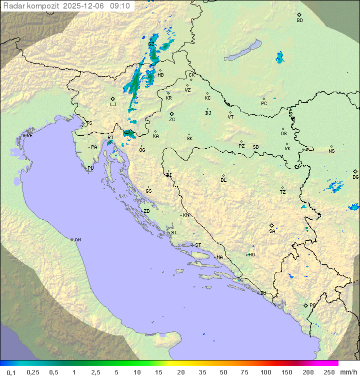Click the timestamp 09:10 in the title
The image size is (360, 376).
click(120, 6)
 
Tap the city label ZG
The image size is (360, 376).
click(172, 120)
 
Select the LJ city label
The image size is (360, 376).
click(113, 104)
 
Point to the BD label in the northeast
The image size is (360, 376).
click(299, 21)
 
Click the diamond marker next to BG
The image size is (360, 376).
click(355, 171)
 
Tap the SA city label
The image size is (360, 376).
click(272, 231)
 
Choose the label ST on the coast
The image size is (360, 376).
click(198, 245)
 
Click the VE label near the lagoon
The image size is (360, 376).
click(29, 136)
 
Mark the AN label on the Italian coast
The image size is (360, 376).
click(77, 240)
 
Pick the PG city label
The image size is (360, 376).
click(312, 305)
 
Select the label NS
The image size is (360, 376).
click(331, 151)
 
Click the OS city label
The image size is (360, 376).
click(283, 134)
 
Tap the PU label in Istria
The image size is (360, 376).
click(90, 168)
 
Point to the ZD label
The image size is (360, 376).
click(146, 211)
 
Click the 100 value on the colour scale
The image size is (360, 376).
click(265, 372)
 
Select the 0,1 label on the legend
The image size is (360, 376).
click(11, 372)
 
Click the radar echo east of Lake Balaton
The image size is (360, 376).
click(279, 58)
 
